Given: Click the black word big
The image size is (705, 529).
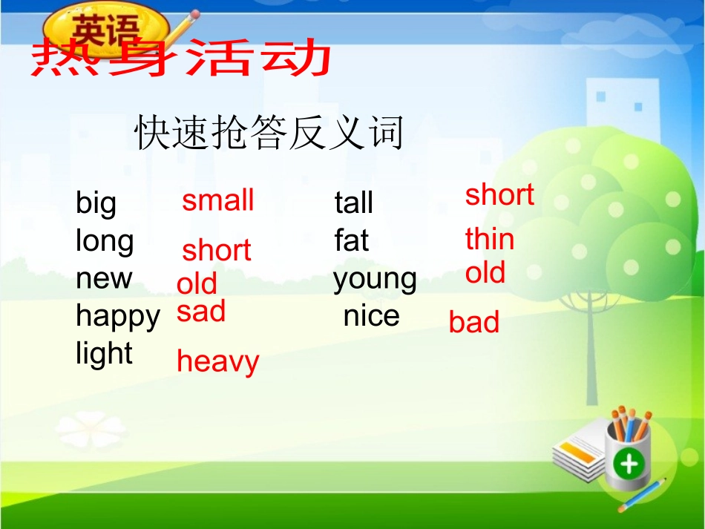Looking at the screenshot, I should (x=96, y=203).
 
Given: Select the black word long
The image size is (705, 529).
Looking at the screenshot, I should (x=105, y=242).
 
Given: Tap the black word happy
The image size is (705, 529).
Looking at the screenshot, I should (x=117, y=317).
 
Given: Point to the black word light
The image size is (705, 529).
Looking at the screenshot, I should (x=104, y=354).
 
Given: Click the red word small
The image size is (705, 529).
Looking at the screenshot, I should (x=218, y=201).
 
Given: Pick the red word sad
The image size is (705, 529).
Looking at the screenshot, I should (x=200, y=312).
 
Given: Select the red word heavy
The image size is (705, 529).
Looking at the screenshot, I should (x=217, y=362).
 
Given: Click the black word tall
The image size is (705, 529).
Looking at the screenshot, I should (x=353, y=203).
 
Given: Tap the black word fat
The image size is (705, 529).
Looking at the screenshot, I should (x=351, y=241).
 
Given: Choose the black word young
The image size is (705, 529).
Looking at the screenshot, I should (x=375, y=280).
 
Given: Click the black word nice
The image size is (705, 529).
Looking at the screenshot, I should (x=371, y=316).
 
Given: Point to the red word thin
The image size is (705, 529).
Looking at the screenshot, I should (x=489, y=240).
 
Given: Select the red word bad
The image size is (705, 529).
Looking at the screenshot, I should (x=473, y=323).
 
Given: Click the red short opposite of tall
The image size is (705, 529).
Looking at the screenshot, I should (x=499, y=195).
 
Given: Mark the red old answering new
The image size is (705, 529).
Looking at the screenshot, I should (x=197, y=283).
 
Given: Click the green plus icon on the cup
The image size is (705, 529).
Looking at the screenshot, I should (x=629, y=464).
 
